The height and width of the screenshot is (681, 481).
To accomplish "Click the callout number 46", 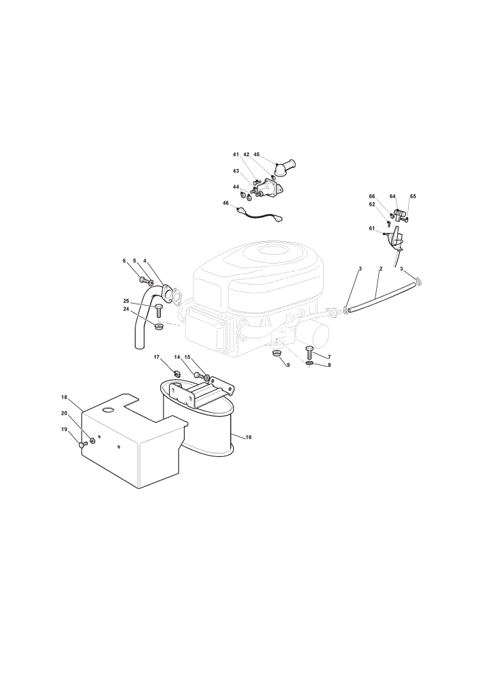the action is [x=226, y=203].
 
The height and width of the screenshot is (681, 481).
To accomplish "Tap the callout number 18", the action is [x=64, y=397].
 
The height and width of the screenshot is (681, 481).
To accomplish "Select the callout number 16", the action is [x=249, y=437].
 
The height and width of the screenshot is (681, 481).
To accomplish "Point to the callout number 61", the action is [x=371, y=228].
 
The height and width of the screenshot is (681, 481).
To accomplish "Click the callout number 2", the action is [x=380, y=269].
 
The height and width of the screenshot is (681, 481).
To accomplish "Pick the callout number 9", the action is [x=288, y=365].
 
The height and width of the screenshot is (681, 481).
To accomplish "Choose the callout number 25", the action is [x=126, y=301].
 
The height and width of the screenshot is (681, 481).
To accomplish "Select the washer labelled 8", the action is [x=309, y=363].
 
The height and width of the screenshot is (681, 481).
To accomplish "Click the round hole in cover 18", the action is [x=107, y=409].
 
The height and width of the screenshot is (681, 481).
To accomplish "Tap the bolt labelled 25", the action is [x=159, y=312].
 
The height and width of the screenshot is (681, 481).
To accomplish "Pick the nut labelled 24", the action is [x=159, y=326].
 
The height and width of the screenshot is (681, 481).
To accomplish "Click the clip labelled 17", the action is [x=176, y=373].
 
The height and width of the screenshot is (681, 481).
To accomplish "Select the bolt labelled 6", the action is [x=144, y=279].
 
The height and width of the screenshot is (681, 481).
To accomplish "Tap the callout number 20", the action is [x=64, y=413].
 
